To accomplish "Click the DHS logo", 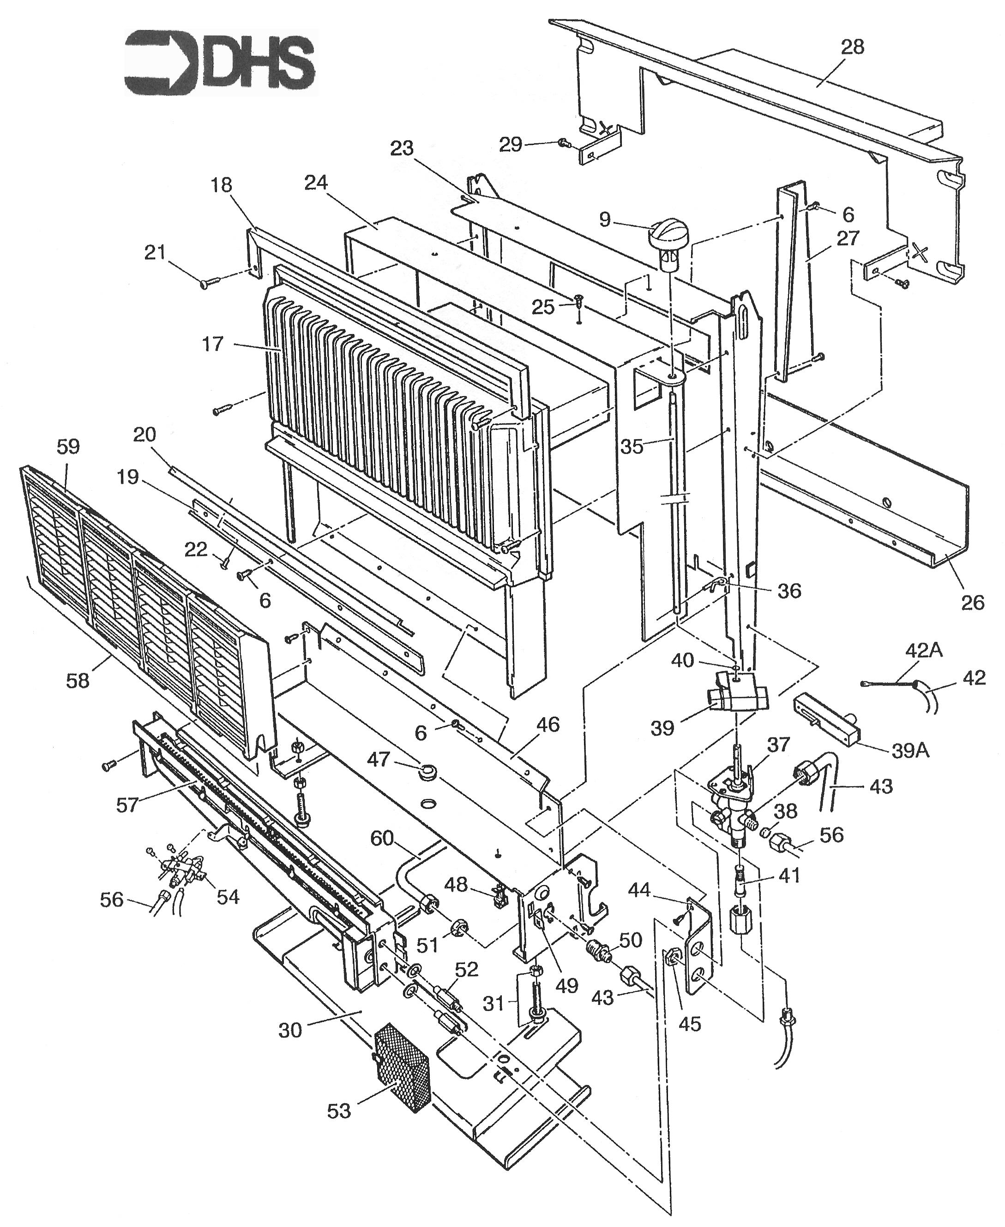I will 221,62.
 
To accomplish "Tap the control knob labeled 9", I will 667,237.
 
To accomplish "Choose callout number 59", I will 68,447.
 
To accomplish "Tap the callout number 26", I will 972,602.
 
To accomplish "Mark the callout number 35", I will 632,446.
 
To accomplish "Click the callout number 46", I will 548,724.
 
